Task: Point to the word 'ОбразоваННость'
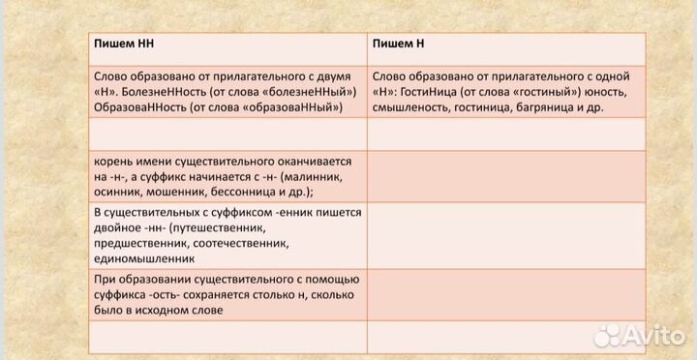(x=139, y=106)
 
